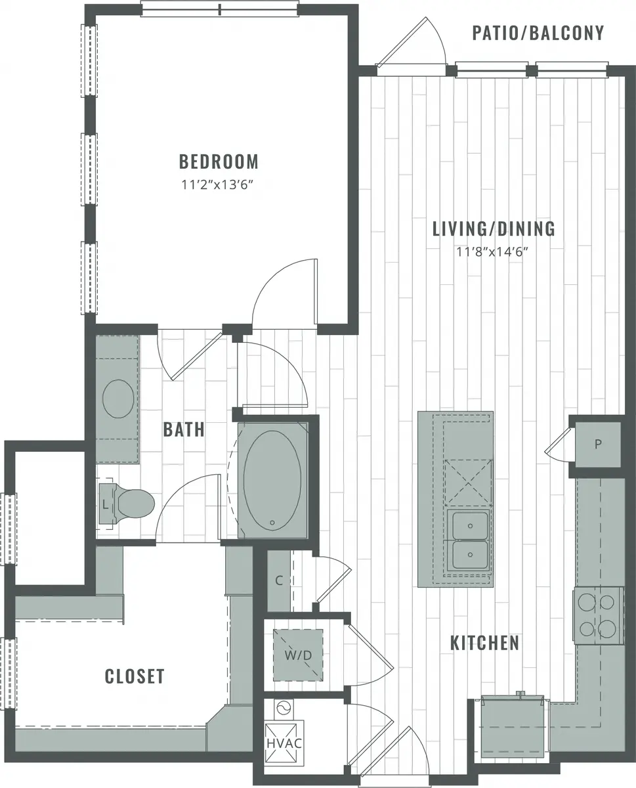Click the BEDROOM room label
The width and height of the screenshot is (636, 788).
tap(219, 162)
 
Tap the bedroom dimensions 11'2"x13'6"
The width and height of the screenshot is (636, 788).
tap(217, 185)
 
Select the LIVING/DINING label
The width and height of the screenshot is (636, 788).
tap(494, 229)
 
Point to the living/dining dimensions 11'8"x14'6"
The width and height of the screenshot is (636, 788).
tap(492, 252)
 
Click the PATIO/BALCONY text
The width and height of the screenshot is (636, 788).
tap(538, 33)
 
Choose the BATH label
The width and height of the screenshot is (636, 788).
tap(184, 429)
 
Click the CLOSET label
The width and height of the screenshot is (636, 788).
tap(135, 676)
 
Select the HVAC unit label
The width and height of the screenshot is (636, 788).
tap(284, 743)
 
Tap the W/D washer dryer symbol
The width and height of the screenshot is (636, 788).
tap(298, 655)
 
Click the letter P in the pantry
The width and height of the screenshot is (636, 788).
tap(598, 444)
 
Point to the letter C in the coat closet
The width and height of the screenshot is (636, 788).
tap(279, 580)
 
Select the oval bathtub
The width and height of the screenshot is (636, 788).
tap(272, 480)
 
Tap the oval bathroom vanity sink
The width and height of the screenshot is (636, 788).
tap(118, 399)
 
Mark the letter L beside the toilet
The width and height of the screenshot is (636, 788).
tap(106, 504)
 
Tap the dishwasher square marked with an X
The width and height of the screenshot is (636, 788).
tap(469, 483)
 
